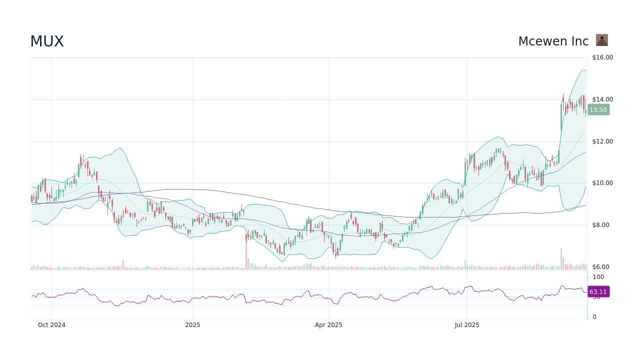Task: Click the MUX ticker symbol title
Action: click(47, 41)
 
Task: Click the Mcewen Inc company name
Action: click(553, 41)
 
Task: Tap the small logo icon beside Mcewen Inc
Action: click(601, 40)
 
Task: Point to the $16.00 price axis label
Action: click(602, 57)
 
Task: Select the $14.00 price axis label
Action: click(602, 99)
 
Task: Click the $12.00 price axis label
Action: click(602, 141)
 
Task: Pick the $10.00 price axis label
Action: click(602, 183)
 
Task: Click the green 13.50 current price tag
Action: click(598, 110)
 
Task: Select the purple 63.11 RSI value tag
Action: click(598, 292)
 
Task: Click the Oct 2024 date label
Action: click(51, 325)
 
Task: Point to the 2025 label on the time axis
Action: click(192, 325)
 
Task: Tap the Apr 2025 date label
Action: click(328, 325)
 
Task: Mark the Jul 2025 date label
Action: click(467, 325)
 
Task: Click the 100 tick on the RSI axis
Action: click(598, 277)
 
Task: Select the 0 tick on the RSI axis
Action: click(594, 317)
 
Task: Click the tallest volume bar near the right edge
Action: click(561, 259)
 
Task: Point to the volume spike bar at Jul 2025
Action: click(465, 265)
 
